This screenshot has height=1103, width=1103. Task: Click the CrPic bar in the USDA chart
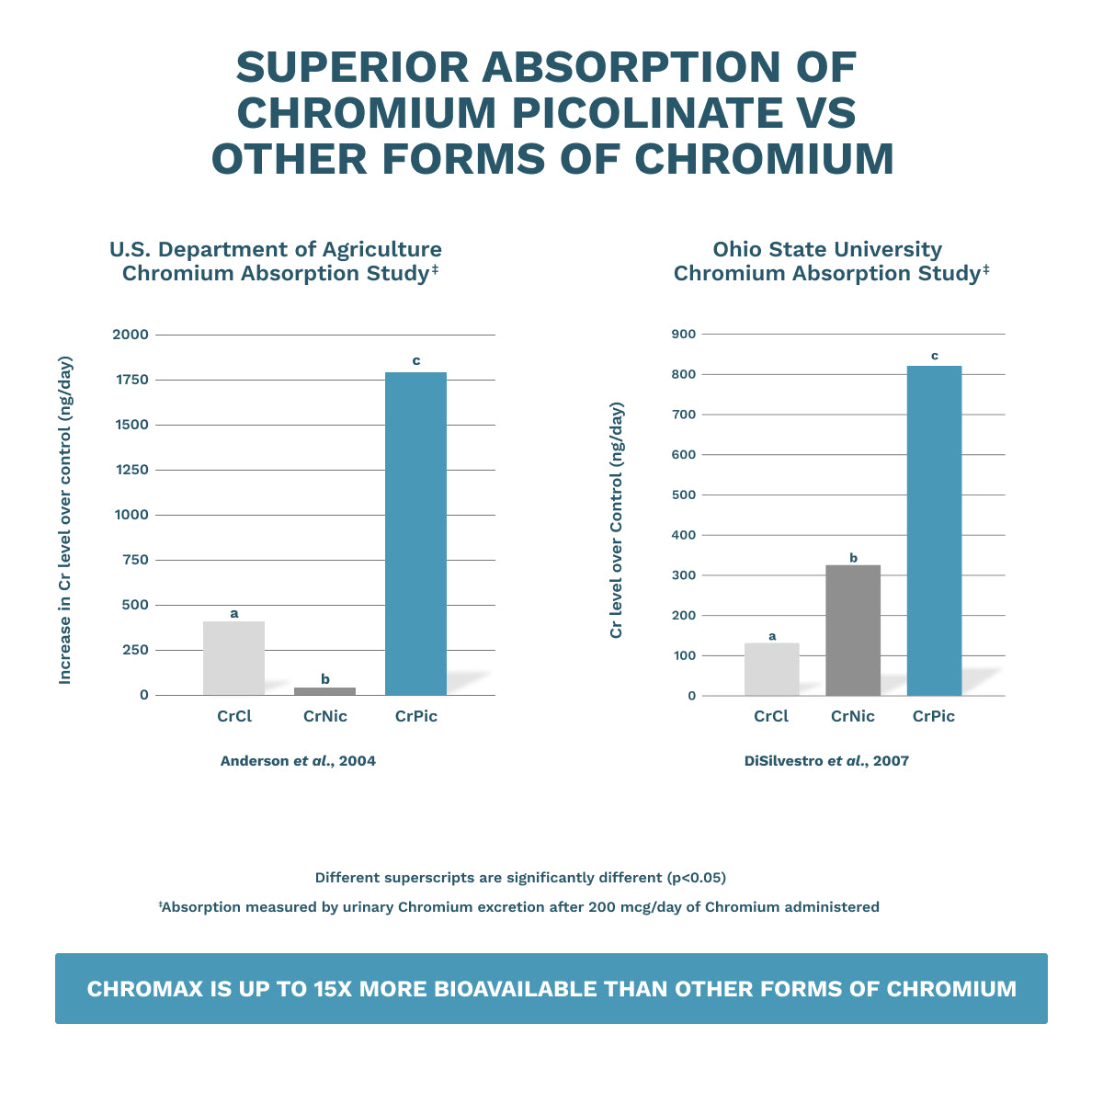click(415, 533)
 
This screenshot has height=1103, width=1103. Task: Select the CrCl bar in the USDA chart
click(233, 658)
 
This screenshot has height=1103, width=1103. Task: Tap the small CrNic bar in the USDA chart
click(324, 690)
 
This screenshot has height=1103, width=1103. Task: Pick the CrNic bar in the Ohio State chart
click(853, 630)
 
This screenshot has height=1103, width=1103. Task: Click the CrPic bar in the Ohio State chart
click(934, 530)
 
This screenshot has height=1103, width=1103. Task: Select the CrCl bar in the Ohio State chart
click(771, 669)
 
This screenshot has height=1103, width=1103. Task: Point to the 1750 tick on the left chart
click(130, 380)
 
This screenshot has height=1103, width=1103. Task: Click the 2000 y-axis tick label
click(130, 335)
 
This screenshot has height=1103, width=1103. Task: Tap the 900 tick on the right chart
click(685, 334)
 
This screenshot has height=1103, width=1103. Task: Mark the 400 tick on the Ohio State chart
click(685, 535)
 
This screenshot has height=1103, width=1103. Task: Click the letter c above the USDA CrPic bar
click(416, 360)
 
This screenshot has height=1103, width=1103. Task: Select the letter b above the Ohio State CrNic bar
click(853, 558)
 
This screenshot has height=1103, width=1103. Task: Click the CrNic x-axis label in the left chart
click(325, 716)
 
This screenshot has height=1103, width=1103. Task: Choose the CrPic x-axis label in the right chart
click(934, 716)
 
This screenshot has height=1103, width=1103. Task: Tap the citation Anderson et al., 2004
click(298, 761)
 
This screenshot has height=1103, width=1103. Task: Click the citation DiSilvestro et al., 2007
click(826, 761)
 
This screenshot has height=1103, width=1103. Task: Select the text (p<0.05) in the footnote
click(696, 878)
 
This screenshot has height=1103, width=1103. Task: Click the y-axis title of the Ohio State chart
click(617, 519)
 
